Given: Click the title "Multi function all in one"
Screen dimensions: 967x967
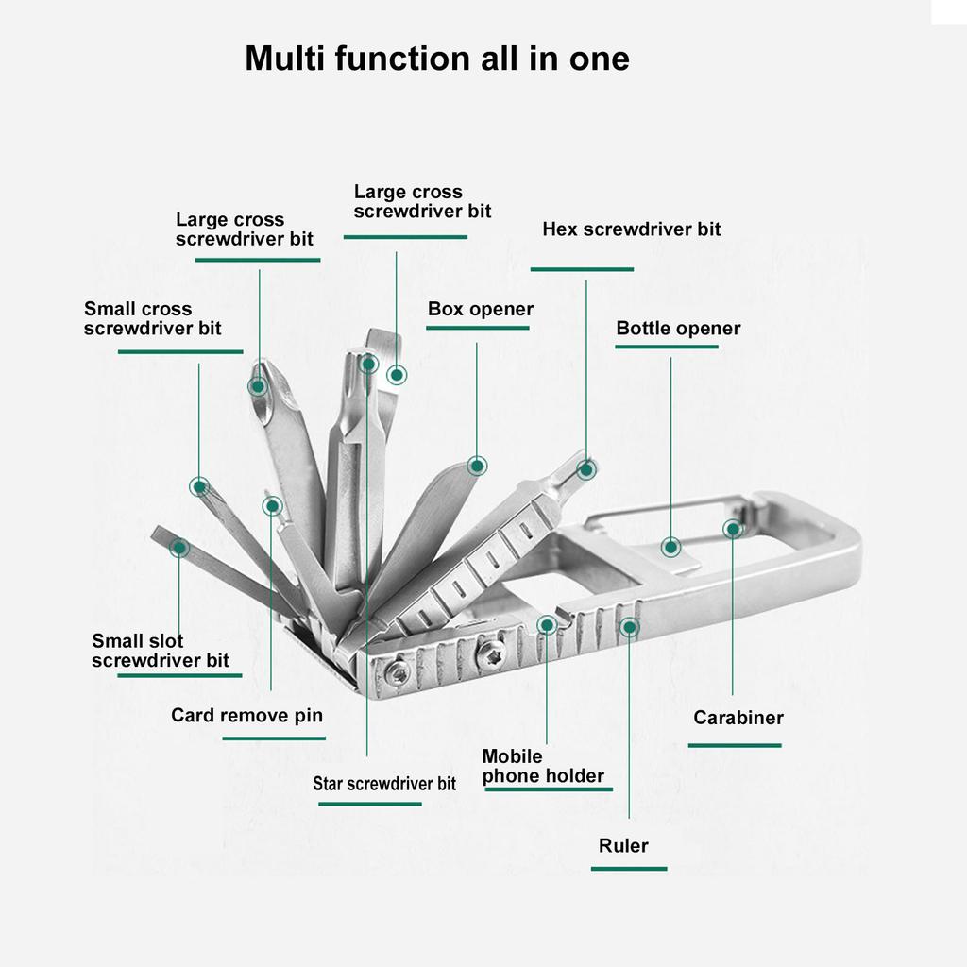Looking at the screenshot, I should tap(436, 59).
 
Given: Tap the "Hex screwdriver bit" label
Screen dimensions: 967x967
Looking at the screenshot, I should tap(631, 229).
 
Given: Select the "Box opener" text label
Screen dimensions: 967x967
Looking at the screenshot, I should tap(480, 310).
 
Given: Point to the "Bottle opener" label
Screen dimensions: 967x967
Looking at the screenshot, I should tap(678, 329).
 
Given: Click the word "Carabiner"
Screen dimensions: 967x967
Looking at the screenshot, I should tap(738, 718).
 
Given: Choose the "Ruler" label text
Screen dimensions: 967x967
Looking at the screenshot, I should tap(623, 845).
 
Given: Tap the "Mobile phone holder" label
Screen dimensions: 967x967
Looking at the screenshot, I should tap(542, 767).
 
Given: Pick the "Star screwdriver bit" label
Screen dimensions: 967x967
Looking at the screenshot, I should tap(384, 784).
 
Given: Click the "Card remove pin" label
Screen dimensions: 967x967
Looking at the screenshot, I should tap(246, 715).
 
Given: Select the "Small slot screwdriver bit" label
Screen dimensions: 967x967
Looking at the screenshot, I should tap(160, 652).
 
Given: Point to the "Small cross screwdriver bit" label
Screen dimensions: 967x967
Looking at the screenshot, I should tap(152, 319).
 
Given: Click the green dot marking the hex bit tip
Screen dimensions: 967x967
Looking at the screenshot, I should tap(586, 468).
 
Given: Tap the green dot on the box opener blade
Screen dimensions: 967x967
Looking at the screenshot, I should tap(477, 465).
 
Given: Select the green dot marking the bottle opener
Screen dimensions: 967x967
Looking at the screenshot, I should tap(670, 546).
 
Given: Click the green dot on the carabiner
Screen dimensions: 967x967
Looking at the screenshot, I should tap(733, 529).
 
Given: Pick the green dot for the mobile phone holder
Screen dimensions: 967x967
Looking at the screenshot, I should tap(547, 624).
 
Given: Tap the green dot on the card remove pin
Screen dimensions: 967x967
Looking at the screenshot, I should tap(272, 506).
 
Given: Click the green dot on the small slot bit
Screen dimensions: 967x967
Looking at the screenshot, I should tap(178, 547).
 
